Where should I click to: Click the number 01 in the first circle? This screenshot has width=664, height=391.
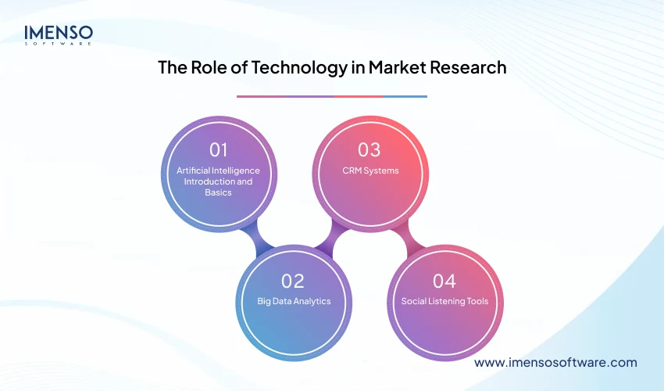click(x=218, y=150)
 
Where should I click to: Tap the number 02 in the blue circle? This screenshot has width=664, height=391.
click(x=293, y=281)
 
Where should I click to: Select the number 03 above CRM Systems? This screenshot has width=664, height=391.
click(x=369, y=150)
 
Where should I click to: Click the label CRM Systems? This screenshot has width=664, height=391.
click(x=369, y=170)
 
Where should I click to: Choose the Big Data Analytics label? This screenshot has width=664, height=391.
click(x=294, y=301)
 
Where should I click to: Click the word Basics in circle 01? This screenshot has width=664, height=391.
click(x=218, y=192)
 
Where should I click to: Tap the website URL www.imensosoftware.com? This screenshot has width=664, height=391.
click(x=555, y=363)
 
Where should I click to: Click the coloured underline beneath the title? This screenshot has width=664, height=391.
click(x=332, y=96)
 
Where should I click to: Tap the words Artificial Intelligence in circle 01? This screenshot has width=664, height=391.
click(x=218, y=170)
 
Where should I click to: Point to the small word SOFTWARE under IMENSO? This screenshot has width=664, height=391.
click(x=59, y=44)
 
